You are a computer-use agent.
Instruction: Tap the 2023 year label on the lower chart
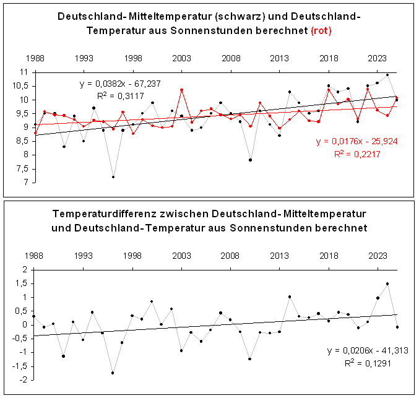378,256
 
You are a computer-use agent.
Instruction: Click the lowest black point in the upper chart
113,176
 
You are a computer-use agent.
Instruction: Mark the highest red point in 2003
181,90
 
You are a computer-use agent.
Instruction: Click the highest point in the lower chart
387,284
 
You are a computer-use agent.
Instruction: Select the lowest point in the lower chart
113,373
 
